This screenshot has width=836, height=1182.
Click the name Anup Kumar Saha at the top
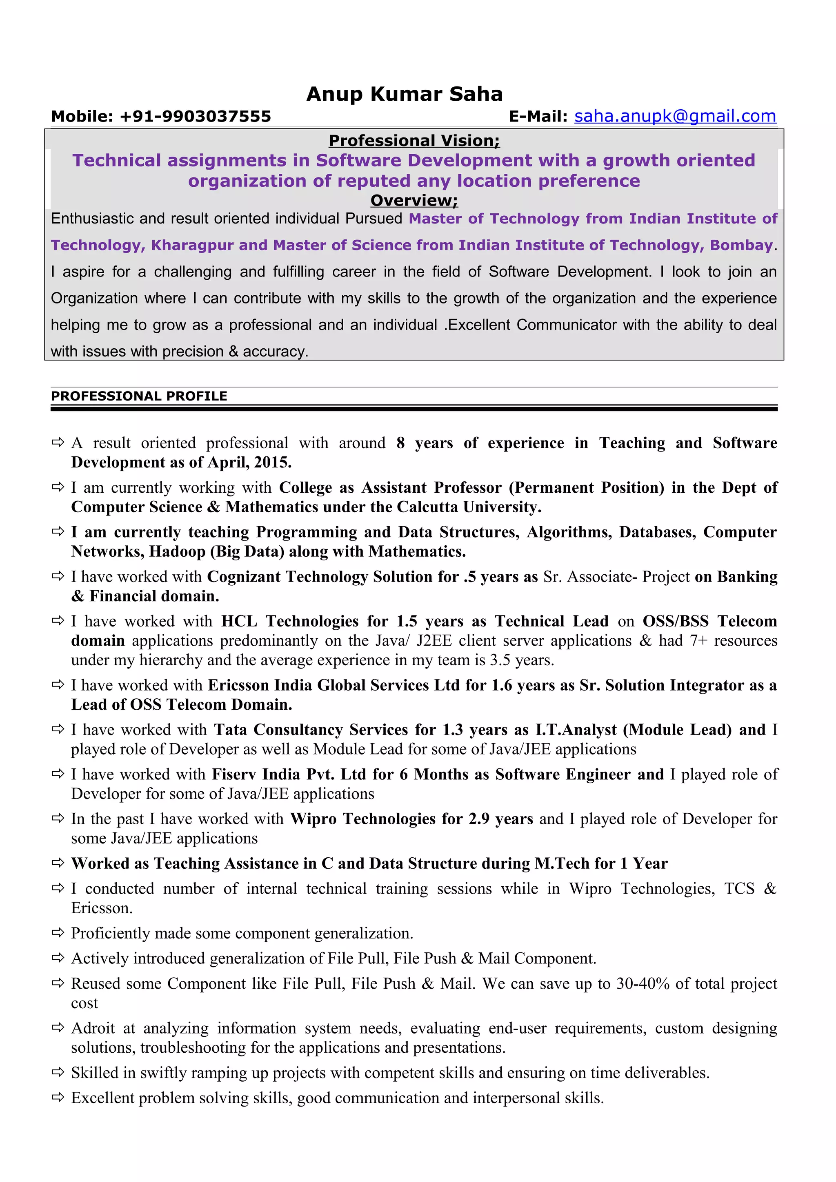405,94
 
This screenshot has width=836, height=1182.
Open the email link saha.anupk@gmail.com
675,116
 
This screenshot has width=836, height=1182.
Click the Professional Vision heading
414,141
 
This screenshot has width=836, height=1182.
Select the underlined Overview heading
414,200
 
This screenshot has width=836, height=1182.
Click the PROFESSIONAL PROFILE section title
139,396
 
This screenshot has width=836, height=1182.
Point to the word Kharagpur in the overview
193,245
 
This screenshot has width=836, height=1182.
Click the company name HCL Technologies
290,621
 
